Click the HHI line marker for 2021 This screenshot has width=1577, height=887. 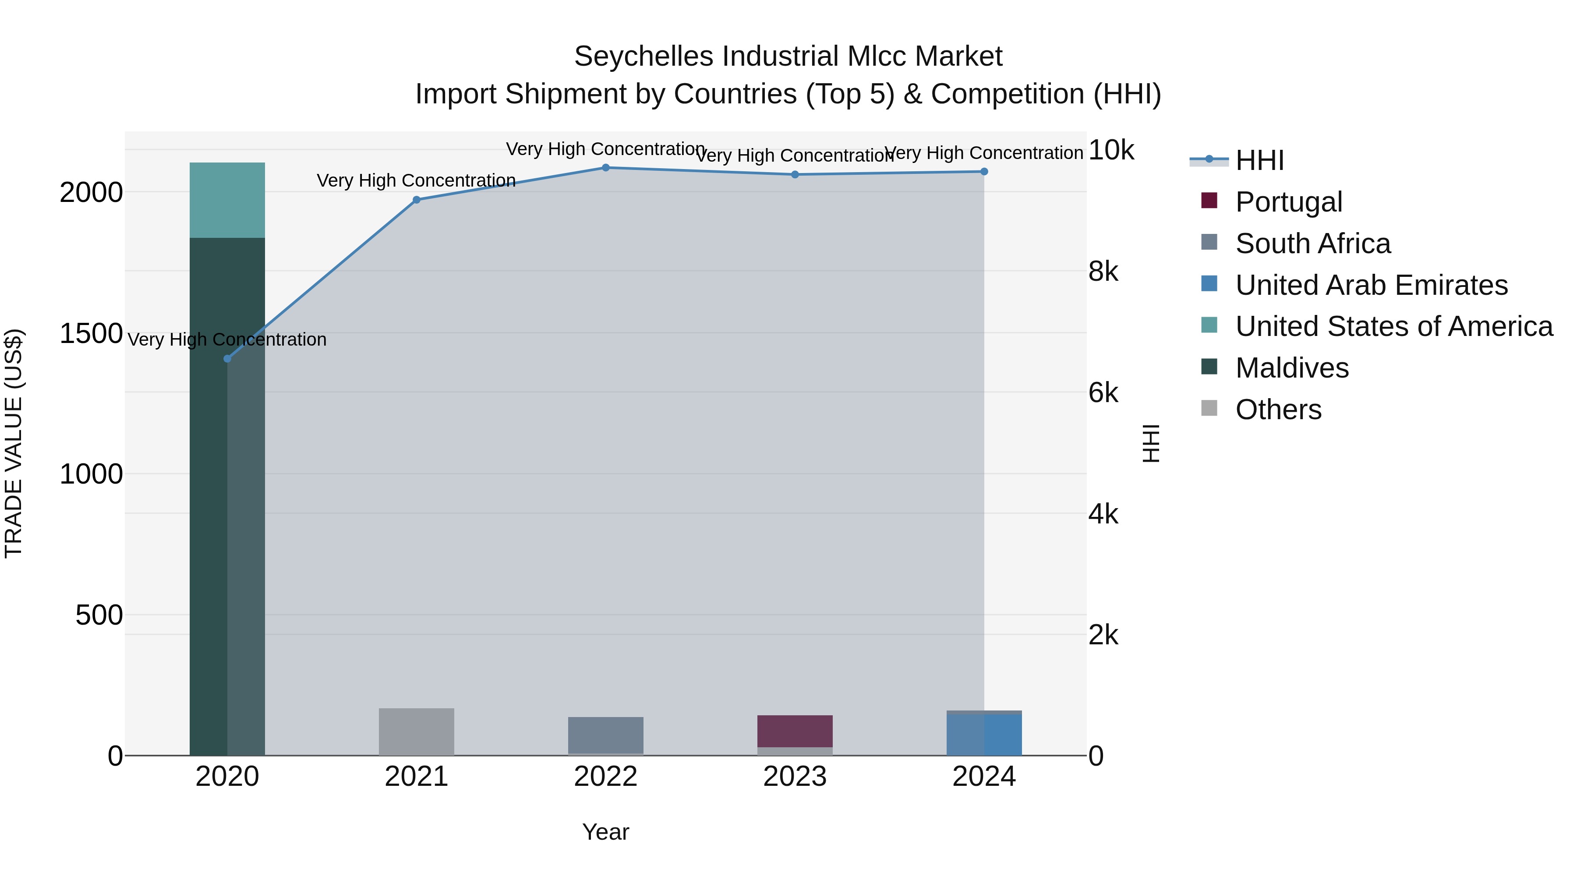pos(416,200)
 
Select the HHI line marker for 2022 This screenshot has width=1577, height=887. pos(605,167)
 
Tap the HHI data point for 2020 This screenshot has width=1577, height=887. pos(227,359)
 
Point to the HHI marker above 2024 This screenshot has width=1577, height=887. pos(984,171)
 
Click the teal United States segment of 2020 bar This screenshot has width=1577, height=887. pos(227,200)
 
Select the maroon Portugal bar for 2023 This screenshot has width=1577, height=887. pos(795,731)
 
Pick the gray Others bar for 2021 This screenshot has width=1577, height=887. pos(416,732)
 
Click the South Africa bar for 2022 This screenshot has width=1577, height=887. pos(605,735)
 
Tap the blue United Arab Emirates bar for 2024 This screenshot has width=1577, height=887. pos(984,735)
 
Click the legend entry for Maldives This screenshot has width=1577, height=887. pos(1292,368)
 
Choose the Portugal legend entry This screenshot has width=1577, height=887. pos(1289,202)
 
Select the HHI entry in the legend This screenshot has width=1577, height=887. pos(1259,160)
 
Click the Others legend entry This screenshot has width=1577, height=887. pos(1278,410)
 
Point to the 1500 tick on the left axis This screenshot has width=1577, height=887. pos(91,334)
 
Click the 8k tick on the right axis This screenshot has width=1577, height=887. pos(1103,271)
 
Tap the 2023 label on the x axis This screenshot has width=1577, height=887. pos(795,777)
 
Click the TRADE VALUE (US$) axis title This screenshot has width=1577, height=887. pos(14,443)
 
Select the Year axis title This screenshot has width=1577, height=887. pos(605,832)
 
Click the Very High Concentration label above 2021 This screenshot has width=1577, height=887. pos(416,180)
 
